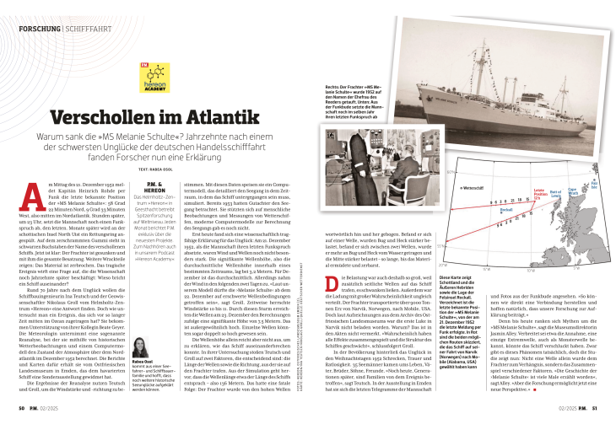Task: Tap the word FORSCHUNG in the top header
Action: coord(39,29)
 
